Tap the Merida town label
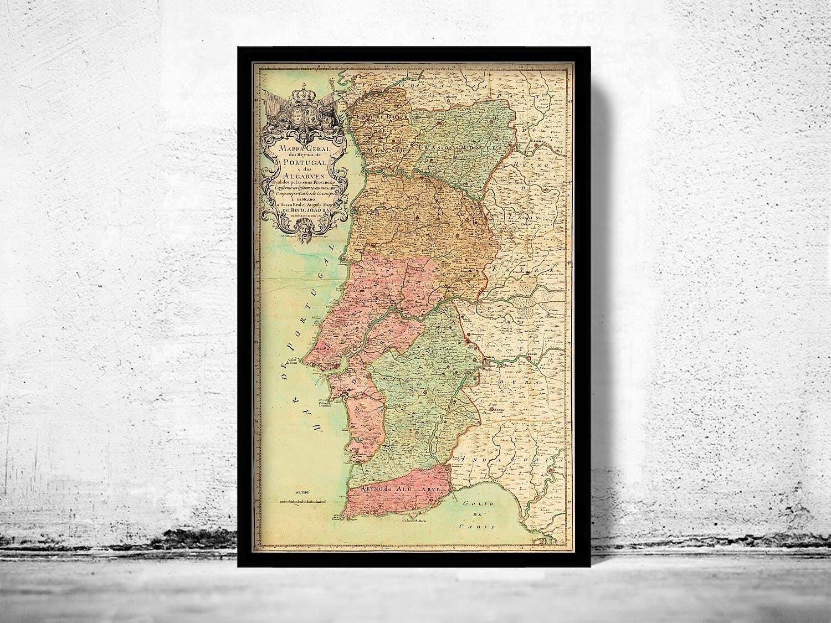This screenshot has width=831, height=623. pyautogui.click(x=534, y=353)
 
